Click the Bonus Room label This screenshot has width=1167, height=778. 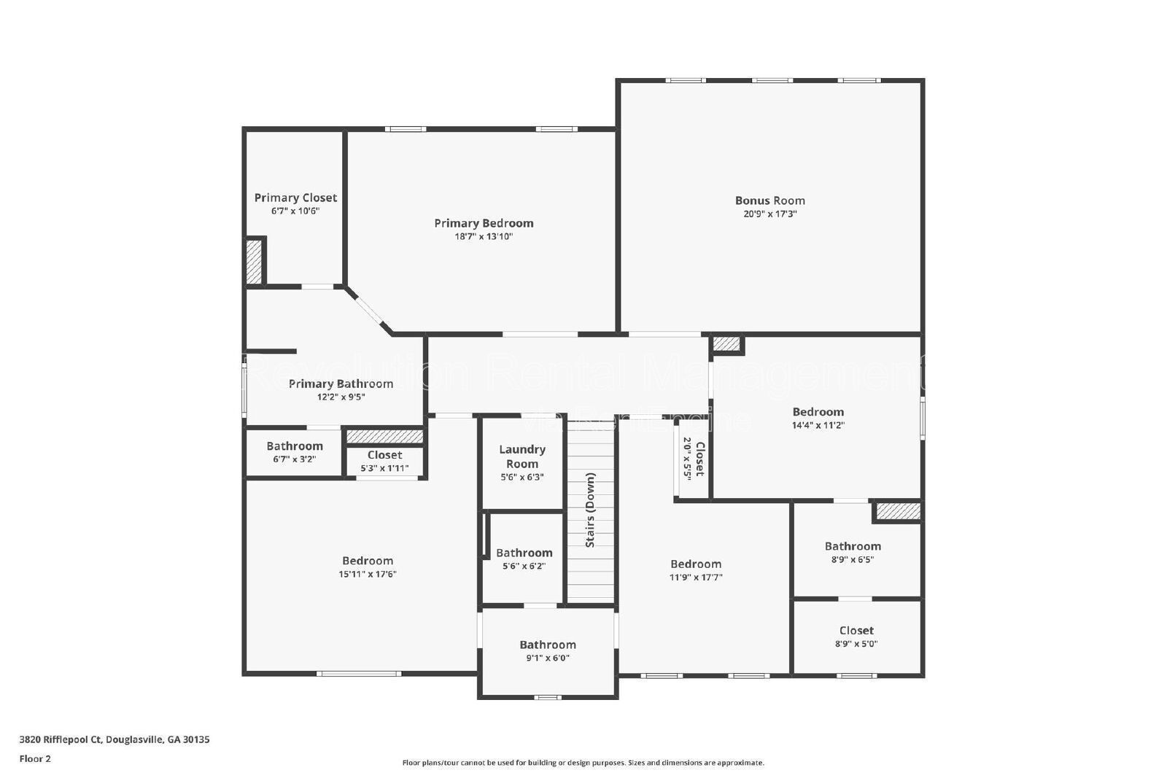(x=769, y=201)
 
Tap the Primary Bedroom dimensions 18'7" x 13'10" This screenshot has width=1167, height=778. (x=484, y=236)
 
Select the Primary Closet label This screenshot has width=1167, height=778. (x=295, y=198)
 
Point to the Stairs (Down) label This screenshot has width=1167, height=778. (x=591, y=510)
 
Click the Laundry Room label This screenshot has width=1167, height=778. (x=522, y=456)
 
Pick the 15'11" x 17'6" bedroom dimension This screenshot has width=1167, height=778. (x=368, y=574)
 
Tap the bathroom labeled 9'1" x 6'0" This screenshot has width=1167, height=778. (x=548, y=645)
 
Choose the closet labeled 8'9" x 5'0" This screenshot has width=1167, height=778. (x=856, y=631)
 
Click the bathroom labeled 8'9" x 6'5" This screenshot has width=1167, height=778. (x=853, y=546)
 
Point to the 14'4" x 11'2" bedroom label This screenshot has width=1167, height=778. (x=818, y=412)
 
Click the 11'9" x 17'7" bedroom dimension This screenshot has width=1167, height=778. (x=696, y=577)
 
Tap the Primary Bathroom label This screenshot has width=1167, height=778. (x=341, y=384)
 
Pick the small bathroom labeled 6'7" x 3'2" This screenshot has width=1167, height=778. (x=295, y=446)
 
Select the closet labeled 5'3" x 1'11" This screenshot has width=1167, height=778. (x=384, y=455)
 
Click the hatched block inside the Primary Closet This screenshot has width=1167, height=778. (x=254, y=262)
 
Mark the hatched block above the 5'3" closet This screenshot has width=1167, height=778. (x=384, y=436)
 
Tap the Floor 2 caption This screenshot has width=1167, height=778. (x=35, y=758)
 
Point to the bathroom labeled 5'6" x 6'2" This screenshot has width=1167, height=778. (x=524, y=553)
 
